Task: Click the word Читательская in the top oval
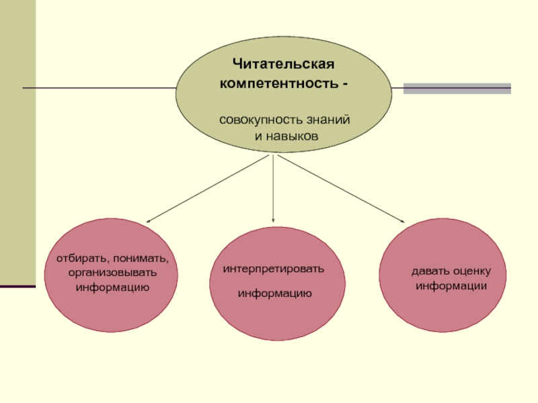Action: tap(283, 64)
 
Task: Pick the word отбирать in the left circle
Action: tap(79, 259)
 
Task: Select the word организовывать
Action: tap(112, 273)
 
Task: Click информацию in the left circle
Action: tap(112, 287)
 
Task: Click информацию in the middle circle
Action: tap(274, 294)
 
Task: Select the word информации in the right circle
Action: tap(451, 286)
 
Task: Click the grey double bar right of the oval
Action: tap(457, 88)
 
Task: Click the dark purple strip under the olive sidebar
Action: tap(17, 287)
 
